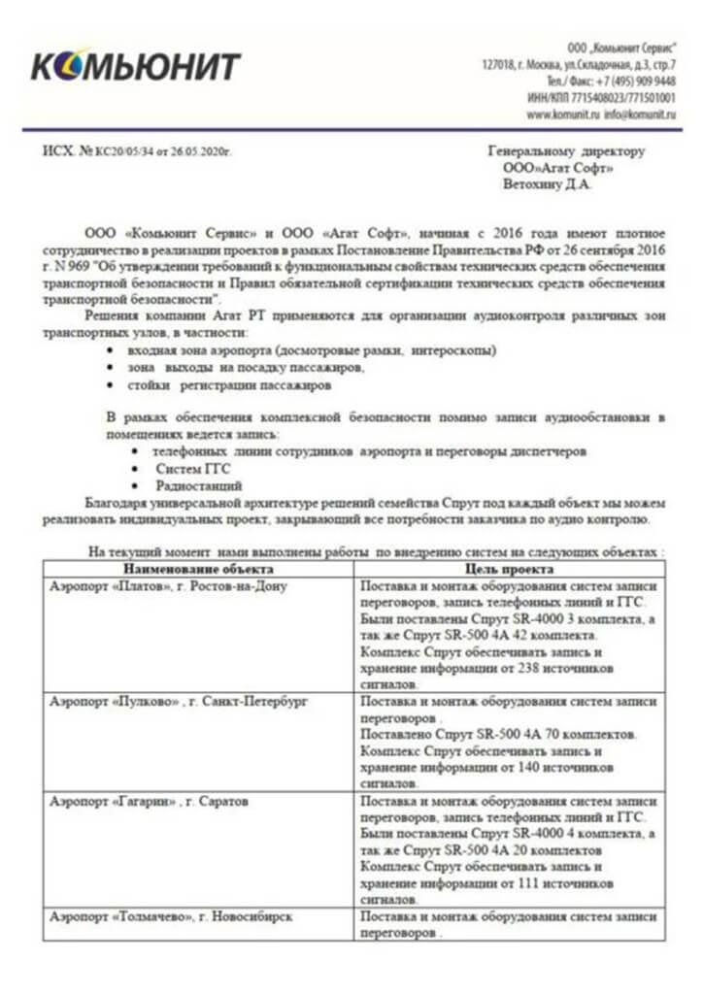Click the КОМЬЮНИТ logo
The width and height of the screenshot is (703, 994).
tap(136, 66)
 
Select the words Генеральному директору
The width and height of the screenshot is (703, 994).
tap(564, 151)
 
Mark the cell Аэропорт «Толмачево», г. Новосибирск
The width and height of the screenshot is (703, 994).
tap(171, 916)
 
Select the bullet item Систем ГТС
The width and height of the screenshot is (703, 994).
tap(188, 469)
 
